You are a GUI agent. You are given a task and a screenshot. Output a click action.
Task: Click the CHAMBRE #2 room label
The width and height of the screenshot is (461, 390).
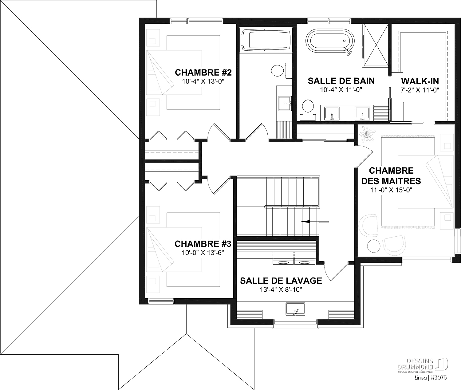coord(203,73)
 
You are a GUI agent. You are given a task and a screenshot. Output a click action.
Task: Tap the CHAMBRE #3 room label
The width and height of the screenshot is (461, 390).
coord(203,244)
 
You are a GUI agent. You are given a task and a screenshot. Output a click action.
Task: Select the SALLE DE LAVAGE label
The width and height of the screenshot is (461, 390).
coord(281,281)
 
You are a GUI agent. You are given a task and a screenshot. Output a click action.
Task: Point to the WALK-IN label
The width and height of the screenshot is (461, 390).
coord(420,81)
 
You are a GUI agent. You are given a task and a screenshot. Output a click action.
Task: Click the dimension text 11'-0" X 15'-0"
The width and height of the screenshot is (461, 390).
coord(391,190)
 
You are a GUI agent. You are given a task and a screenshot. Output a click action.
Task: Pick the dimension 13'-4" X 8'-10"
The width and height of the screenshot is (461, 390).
coord(281,290)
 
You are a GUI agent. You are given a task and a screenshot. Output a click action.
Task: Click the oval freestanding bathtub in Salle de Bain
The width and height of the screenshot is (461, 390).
coord(330,41)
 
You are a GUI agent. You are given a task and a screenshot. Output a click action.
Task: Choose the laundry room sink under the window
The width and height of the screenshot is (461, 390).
coord(296,309)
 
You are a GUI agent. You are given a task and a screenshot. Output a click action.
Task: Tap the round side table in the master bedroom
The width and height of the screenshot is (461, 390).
coord(374,246)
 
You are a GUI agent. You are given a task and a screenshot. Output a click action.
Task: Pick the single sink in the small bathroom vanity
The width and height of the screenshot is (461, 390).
coord(285,103)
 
